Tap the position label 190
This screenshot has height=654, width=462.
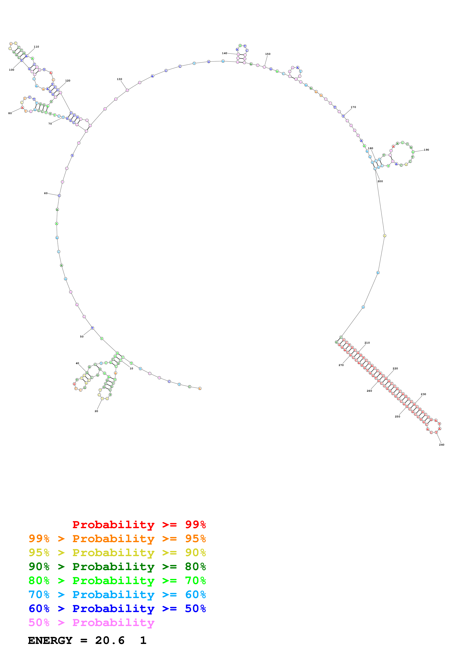pyautogui.click(x=426, y=150)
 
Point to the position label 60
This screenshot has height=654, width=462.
pyautogui.click(x=46, y=193)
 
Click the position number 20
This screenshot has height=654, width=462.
pyautogui.click(x=96, y=411)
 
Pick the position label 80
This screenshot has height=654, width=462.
pyautogui.click(x=10, y=113)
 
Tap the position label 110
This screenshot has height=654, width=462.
pyautogui.click(x=37, y=47)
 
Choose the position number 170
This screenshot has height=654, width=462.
pyautogui.click(x=353, y=107)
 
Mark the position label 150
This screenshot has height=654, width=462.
pyautogui.click(x=268, y=54)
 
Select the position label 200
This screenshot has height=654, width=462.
pyautogui.click(x=380, y=181)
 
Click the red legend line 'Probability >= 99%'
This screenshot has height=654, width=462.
pyautogui.click(x=139, y=525)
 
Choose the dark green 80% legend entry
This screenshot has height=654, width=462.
pyautogui.click(x=117, y=567)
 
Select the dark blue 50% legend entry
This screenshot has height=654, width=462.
pyautogui.click(x=117, y=609)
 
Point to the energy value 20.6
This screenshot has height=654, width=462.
pyautogui.click(x=110, y=640)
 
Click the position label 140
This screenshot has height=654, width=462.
pyautogui.click(x=225, y=53)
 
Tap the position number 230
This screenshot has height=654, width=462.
pyautogui.click(x=423, y=394)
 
